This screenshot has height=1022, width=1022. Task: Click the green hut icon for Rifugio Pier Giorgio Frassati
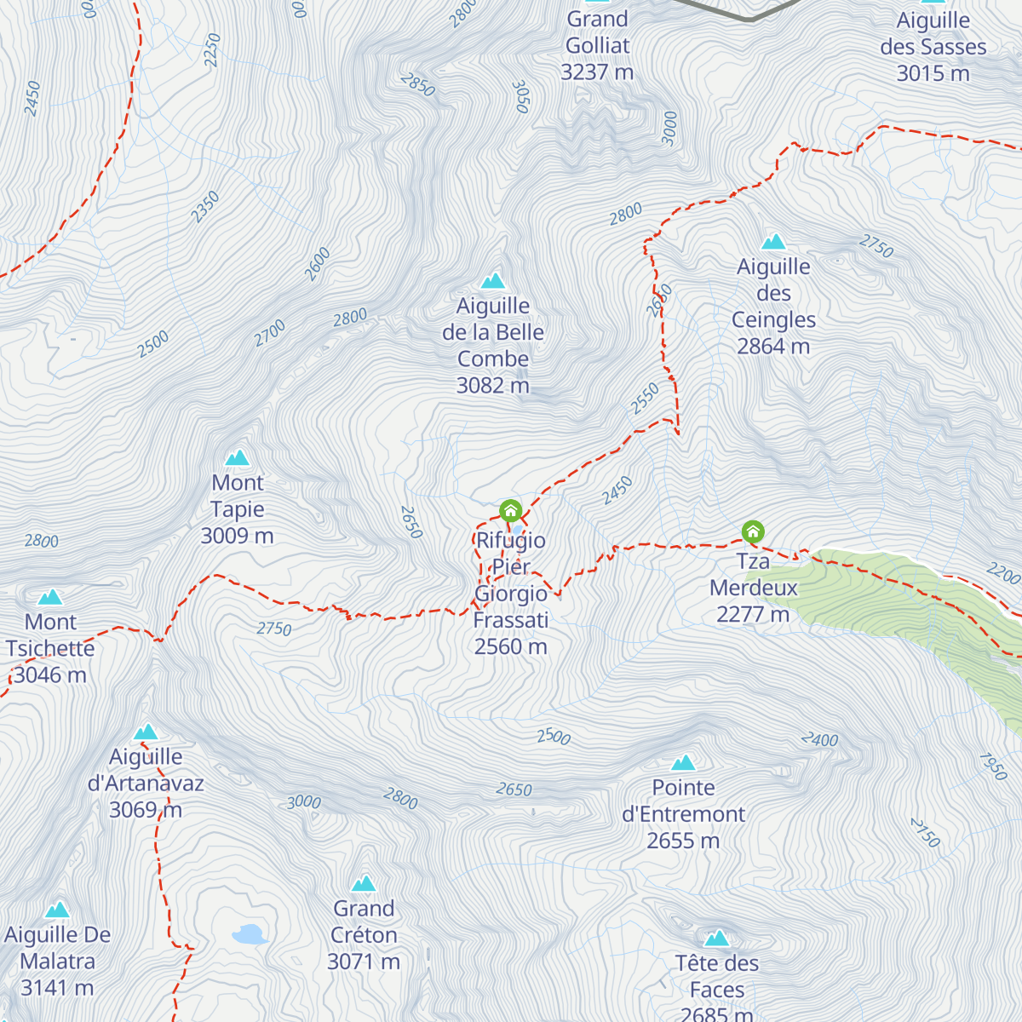[x=510, y=510]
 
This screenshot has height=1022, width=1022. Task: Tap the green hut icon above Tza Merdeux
[x=753, y=531]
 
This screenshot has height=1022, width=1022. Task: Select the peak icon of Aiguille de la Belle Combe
[x=492, y=281]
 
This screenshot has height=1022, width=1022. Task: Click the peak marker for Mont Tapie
[x=238, y=458]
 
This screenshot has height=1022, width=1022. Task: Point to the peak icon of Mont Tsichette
[x=50, y=597]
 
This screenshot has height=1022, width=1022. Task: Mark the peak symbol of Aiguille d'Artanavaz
[x=146, y=732]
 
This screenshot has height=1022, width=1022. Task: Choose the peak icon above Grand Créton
[x=364, y=883]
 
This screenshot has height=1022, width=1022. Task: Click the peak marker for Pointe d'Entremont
[x=683, y=762]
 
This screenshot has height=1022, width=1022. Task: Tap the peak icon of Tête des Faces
[x=717, y=939]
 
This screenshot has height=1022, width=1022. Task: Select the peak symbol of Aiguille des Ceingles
[x=773, y=242]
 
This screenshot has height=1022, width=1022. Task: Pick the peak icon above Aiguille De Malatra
[x=57, y=910]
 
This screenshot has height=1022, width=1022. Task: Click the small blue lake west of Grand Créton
[x=250, y=934]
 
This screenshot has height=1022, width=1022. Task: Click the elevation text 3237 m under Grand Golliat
[x=597, y=72]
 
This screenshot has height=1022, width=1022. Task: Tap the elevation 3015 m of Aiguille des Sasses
[x=933, y=73]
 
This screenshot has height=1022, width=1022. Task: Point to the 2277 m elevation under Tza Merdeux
[x=753, y=614]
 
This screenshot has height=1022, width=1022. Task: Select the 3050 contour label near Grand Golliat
[x=521, y=97]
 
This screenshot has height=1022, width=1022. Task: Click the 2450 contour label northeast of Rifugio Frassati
[x=617, y=491]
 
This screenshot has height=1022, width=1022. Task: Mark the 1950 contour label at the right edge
[x=993, y=766]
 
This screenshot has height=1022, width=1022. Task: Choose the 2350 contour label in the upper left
[x=205, y=208]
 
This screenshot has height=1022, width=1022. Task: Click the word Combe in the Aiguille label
[x=493, y=359]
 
